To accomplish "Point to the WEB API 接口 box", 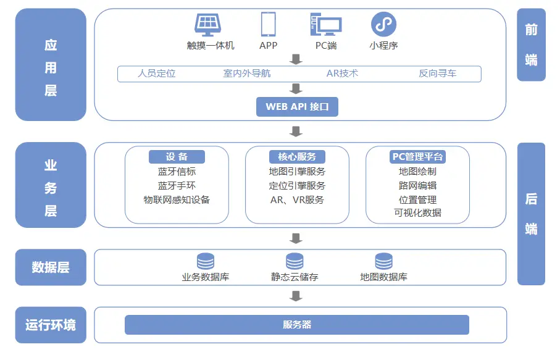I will pyautogui.click(x=297, y=106).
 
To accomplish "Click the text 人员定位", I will pyautogui.click(x=156, y=73).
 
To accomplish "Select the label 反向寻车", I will pyautogui.click(x=437, y=73).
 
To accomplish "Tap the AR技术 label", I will pyautogui.click(x=342, y=73).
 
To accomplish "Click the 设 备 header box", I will pyautogui.click(x=177, y=157).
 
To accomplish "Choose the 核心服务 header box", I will pyautogui.click(x=297, y=157).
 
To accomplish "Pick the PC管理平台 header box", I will pyautogui.click(x=418, y=157).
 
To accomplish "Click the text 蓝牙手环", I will pyautogui.click(x=177, y=185).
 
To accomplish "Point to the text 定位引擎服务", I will pyautogui.click(x=297, y=185).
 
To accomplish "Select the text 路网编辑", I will pyautogui.click(x=418, y=185).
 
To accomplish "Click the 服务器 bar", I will pyautogui.click(x=297, y=325).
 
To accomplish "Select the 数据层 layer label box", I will pyautogui.click(x=51, y=267).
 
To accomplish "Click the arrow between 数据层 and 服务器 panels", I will pyautogui.click(x=296, y=296).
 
